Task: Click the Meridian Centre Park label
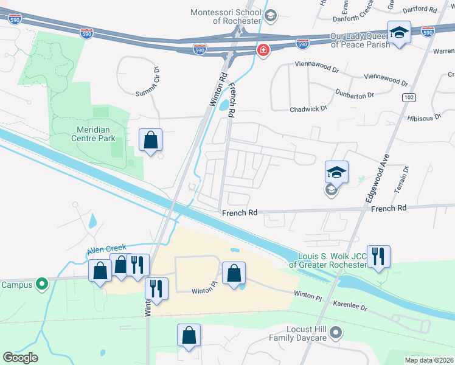[96, 134]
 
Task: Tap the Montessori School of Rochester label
[225, 16]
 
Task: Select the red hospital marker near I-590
[263, 50]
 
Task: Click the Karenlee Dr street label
[348, 306]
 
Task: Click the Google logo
[20, 358]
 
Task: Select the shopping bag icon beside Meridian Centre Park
[151, 141]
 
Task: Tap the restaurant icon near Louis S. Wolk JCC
[378, 256]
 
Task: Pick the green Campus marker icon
[41, 283]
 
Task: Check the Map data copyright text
[429, 360]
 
